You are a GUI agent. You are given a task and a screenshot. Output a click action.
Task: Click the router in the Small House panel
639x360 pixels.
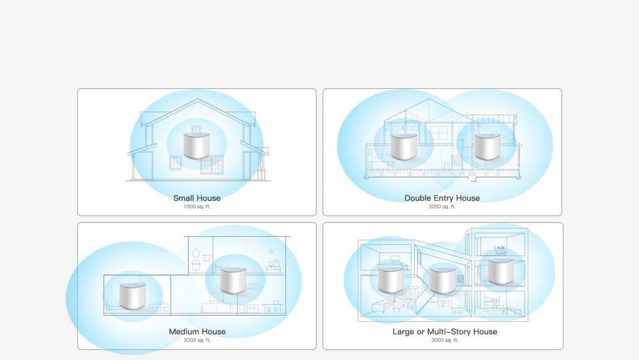tap(196, 146)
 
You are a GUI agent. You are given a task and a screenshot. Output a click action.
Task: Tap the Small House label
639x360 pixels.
tap(197, 198)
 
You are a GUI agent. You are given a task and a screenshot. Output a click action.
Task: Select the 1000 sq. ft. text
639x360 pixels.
tap(197, 207)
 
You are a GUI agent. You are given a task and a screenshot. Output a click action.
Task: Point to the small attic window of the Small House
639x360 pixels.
tap(196, 129)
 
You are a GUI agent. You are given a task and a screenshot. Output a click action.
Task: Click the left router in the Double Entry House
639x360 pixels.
tap(404, 146)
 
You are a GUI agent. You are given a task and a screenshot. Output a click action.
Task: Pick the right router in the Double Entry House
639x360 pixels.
tap(488, 146)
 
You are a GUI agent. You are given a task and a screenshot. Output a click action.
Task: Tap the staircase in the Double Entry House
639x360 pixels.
tap(458, 161)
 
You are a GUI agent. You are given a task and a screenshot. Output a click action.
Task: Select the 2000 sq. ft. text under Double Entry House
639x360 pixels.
tap(442, 207)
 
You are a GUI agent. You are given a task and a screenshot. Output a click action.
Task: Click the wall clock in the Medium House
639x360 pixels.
tap(270, 251)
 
